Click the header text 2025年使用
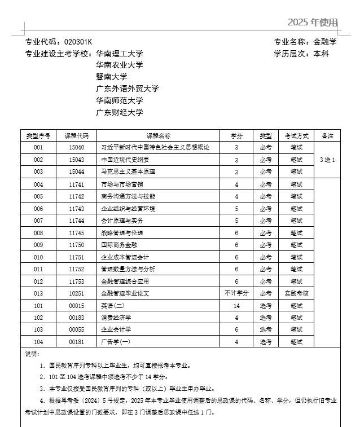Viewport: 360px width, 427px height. pos(313,23)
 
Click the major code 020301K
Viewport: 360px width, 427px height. pos(78,42)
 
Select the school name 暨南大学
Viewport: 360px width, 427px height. pos(112,77)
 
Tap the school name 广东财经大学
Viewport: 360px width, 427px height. pos(120,112)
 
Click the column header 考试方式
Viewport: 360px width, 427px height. pos(296,136)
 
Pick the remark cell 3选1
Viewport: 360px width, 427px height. pos(327,160)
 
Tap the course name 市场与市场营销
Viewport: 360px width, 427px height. pos(122,184)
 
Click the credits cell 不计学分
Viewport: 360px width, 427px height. pos(236,293)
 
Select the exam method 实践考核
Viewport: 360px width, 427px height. pos(296,293)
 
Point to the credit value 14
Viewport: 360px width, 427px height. pos(236,306)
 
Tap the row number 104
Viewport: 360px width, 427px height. pos(38,342)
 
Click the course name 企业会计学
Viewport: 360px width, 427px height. pos(116,329)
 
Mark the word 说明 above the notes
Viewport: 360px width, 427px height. pos(32,354)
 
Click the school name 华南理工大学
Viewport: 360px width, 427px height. pos(120,54)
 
